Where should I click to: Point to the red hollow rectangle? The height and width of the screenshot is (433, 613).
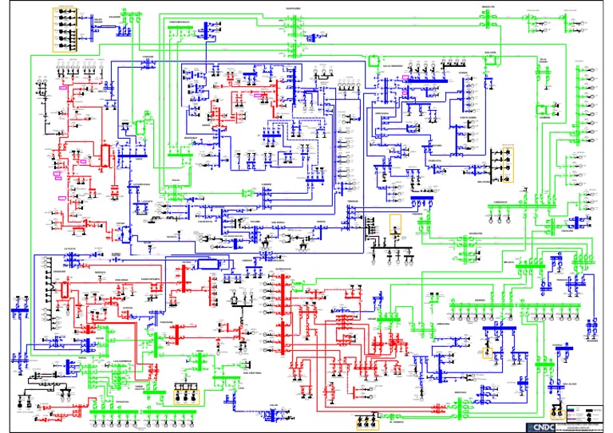[x=104, y=153]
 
